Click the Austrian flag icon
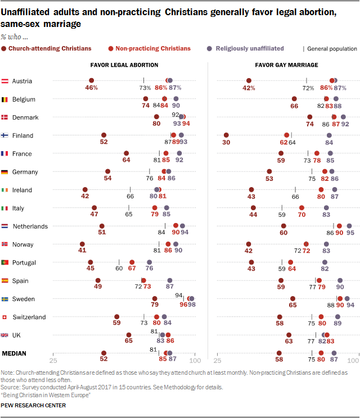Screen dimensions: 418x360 click(x=6, y=81)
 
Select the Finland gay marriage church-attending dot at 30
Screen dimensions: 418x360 click(x=226, y=135)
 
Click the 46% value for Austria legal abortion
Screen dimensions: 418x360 click(x=92, y=88)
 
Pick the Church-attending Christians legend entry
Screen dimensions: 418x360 click(x=43, y=49)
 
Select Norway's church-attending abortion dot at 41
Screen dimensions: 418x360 click(x=83, y=244)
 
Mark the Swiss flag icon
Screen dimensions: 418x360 click(x=6, y=317)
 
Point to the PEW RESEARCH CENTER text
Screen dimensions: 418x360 click(x=33, y=405)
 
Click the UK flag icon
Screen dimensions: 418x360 click(x=6, y=335)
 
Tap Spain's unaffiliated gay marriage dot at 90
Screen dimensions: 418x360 click(x=340, y=280)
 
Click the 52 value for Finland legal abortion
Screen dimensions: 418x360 click(x=103, y=143)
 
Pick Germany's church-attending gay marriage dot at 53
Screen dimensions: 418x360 click(x=269, y=171)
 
